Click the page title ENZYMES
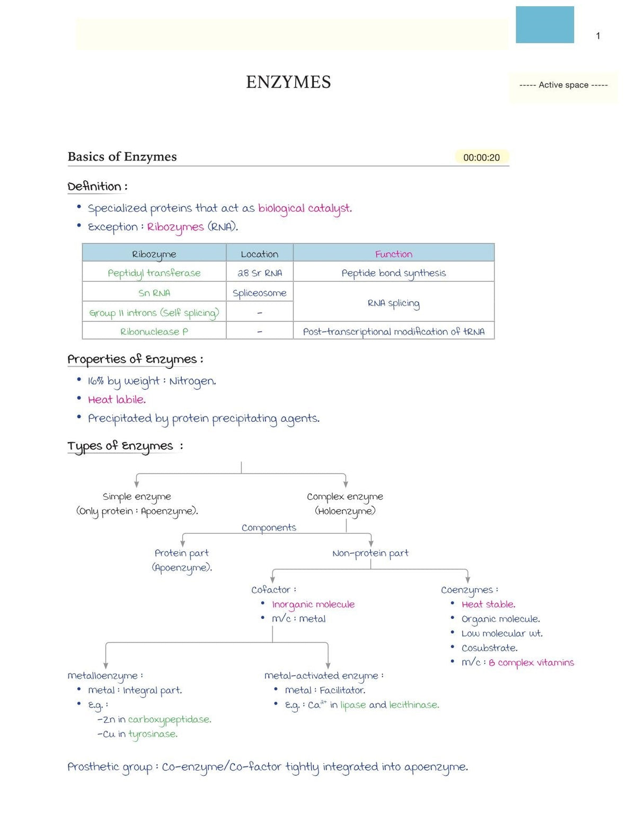click(x=288, y=82)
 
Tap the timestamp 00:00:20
click(x=481, y=157)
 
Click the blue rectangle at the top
click(x=545, y=24)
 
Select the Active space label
click(x=563, y=85)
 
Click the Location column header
click(x=260, y=254)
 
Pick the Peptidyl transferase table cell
click(x=154, y=273)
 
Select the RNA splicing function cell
click(x=394, y=304)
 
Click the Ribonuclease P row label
click(x=154, y=332)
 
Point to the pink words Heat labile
click(x=117, y=400)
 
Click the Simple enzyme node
click(x=137, y=497)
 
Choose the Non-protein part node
click(x=370, y=553)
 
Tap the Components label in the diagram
click(x=269, y=528)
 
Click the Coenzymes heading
click(x=470, y=590)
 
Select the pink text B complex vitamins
click(x=532, y=663)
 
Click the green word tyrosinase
click(x=153, y=734)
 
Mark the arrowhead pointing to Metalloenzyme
click(x=105, y=666)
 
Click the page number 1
click(x=598, y=36)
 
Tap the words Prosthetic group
click(x=110, y=767)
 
